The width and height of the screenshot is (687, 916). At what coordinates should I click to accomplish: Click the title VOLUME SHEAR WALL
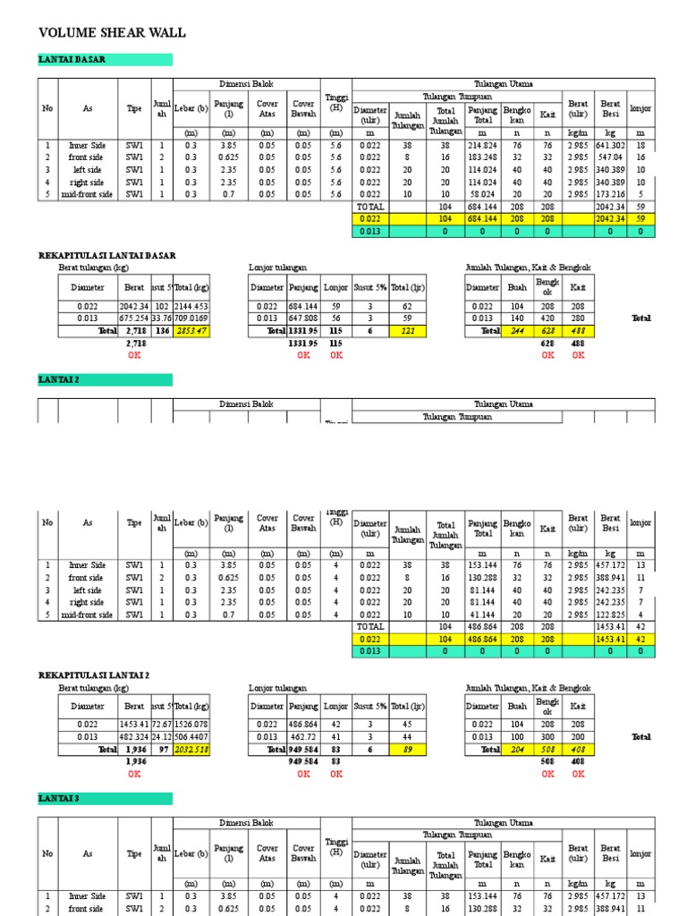pyautogui.click(x=113, y=33)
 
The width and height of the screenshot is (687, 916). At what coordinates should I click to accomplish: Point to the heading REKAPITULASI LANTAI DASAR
pyautogui.click(x=107, y=256)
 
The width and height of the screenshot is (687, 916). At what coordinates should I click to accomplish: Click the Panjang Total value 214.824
pyautogui.click(x=483, y=145)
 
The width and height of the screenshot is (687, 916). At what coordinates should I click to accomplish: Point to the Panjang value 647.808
pyautogui.click(x=304, y=318)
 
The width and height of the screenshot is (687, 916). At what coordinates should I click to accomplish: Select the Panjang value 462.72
pyautogui.click(x=304, y=736)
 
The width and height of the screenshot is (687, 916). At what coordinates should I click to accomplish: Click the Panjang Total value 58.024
pyautogui.click(x=483, y=194)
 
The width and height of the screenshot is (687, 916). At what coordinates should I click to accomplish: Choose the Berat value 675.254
pyautogui.click(x=134, y=318)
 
